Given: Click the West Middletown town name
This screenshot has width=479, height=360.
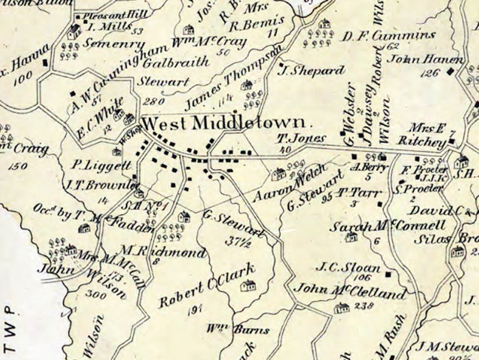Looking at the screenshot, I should (x=228, y=124).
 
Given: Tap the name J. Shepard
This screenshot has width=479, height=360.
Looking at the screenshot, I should (x=311, y=71).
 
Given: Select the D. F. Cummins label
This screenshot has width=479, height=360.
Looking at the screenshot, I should (x=389, y=34).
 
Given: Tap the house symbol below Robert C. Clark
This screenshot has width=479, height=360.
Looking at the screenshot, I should (x=248, y=286).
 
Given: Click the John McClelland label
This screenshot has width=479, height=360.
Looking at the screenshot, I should (x=349, y=294).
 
